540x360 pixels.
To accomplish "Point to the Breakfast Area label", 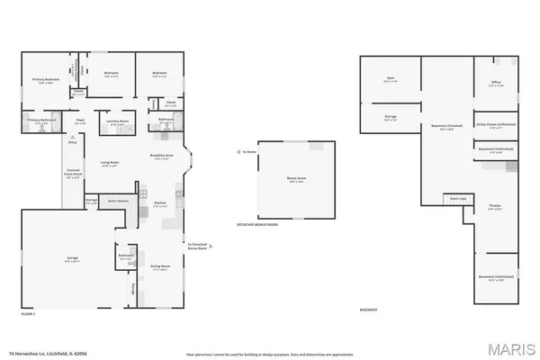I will [x=162, y=157].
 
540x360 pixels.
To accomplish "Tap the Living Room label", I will [x=110, y=163].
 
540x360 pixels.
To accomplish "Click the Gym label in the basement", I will [x=391, y=78].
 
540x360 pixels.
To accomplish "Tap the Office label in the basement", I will [x=495, y=83].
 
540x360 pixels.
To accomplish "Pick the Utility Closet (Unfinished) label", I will [x=496, y=126].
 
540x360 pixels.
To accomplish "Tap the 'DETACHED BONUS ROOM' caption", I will [x=257, y=224].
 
